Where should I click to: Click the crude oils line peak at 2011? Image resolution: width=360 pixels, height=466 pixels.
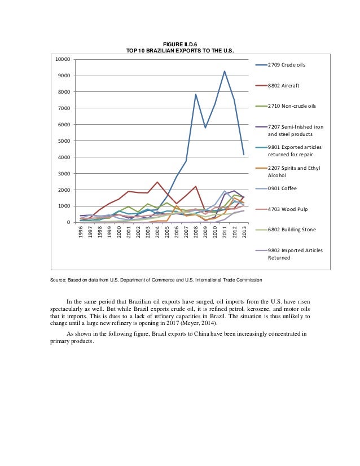click(x=225, y=71)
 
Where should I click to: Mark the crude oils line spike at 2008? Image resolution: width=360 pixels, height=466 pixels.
click(x=196, y=94)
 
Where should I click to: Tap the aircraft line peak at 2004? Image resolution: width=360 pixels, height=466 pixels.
click(x=157, y=182)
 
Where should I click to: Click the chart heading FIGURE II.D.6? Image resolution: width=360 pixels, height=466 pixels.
click(x=180, y=44)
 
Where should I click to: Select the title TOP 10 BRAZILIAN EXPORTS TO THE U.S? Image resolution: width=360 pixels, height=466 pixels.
click(x=180, y=51)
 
